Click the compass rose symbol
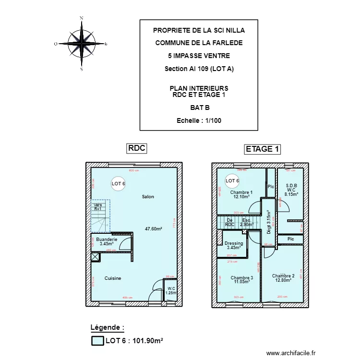(81, 43)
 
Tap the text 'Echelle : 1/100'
(199, 121)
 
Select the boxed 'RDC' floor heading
(136, 149)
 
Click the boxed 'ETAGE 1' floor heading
(262, 149)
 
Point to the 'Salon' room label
(148, 197)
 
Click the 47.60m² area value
(154, 229)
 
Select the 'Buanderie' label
(106, 239)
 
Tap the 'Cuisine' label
(113, 278)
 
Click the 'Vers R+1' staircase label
(98, 206)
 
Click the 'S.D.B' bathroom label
(291, 186)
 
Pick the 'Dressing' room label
(234, 243)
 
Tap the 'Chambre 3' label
(241, 278)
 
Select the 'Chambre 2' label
(283, 276)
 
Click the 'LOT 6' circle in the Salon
(118, 183)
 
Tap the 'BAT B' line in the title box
(199, 108)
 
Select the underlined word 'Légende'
(107, 327)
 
